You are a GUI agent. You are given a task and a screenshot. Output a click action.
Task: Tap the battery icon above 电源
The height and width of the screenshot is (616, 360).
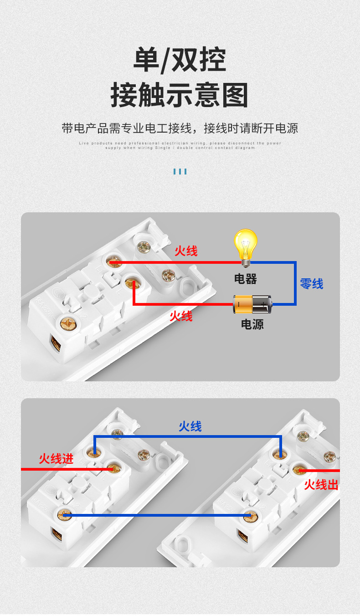point(252,304)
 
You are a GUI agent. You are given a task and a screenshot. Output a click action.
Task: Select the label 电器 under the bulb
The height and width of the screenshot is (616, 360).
point(246,279)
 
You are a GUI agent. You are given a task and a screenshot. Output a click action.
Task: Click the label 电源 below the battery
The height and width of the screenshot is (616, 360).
point(252,324)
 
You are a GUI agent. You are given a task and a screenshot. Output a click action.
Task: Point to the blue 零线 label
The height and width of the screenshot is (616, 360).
point(312,284)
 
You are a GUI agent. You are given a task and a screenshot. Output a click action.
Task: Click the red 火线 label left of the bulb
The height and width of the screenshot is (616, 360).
point(186,251)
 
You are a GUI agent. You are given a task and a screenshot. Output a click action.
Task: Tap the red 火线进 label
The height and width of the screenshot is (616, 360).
point(56,458)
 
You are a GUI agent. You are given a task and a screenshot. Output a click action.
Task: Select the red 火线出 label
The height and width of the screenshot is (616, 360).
point(321,485)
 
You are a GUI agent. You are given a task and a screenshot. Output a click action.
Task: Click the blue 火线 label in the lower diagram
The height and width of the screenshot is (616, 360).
point(190,426)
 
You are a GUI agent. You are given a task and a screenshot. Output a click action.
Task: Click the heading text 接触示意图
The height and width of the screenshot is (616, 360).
point(180,95)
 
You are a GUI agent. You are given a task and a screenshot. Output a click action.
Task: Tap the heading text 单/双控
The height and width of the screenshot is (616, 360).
point(180,60)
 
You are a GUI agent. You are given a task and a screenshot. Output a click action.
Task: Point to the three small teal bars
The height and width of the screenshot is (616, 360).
point(180,172)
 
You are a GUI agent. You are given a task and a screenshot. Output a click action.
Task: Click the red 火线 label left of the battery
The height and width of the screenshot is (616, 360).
point(181,316)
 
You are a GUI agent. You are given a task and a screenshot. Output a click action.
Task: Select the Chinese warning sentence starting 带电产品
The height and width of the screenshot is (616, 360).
point(180,128)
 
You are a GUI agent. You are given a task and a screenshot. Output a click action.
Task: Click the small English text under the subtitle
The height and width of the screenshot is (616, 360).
point(180,145)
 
